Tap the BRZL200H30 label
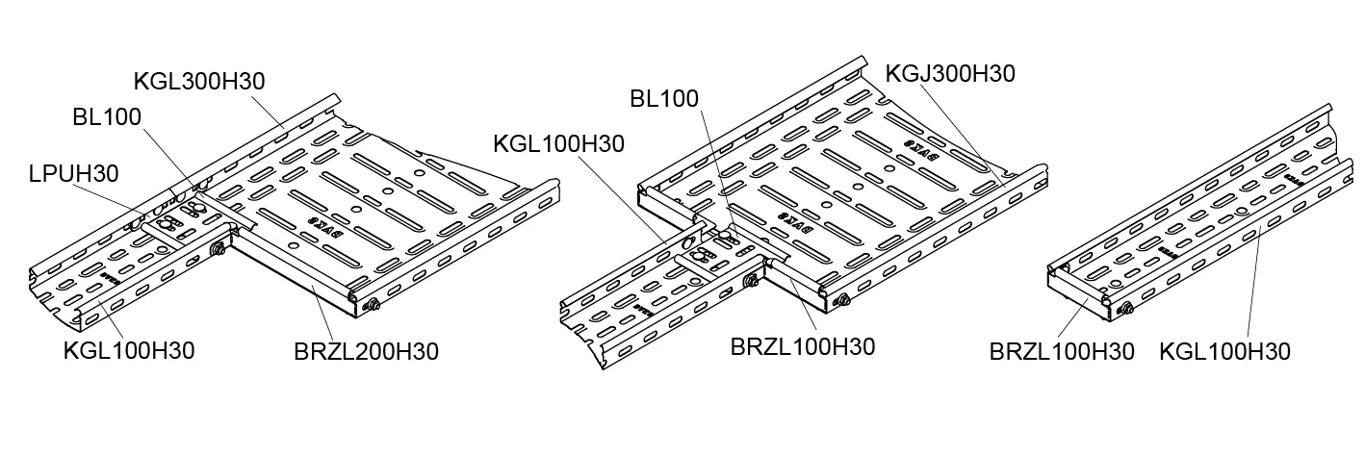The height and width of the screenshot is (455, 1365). click(366, 351)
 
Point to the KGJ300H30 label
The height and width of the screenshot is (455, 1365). click(949, 73)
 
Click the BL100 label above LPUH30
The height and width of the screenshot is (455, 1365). click(107, 117)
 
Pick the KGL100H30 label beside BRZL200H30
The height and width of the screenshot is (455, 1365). click(129, 351)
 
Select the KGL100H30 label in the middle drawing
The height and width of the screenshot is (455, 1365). click(558, 144)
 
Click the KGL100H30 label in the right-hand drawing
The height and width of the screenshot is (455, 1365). click(1224, 351)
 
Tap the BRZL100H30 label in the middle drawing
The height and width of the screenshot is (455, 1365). click(803, 346)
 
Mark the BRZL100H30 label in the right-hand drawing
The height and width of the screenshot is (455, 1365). click(1062, 351)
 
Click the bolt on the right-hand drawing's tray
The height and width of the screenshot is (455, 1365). click(1123, 309)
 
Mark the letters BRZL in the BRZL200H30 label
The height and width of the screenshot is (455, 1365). click(324, 351)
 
